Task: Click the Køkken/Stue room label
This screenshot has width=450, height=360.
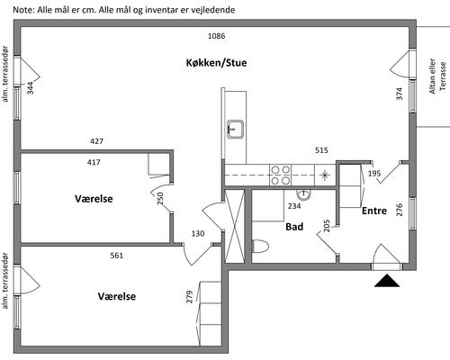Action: [x=216, y=63]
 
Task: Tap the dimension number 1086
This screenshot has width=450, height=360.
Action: [x=216, y=36]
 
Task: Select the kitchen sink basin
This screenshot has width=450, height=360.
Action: [x=236, y=129]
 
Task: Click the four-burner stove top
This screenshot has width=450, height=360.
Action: [x=280, y=175]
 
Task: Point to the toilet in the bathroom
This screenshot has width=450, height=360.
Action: [x=260, y=247]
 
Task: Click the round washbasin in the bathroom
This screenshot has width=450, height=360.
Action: [x=304, y=194]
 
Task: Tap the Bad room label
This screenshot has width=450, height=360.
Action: [x=294, y=227]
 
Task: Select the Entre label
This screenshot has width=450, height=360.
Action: [x=374, y=211]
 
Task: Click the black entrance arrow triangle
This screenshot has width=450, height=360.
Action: [x=387, y=281]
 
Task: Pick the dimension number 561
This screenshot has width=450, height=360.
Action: [x=117, y=256]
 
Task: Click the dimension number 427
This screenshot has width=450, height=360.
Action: [x=96, y=141]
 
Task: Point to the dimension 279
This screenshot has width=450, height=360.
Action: [x=189, y=297]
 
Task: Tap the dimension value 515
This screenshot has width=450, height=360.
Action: [x=321, y=150]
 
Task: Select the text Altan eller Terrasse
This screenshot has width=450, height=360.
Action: [x=437, y=76]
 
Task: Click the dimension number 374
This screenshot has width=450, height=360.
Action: [x=399, y=94]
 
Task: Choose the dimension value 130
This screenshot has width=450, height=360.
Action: [x=198, y=233]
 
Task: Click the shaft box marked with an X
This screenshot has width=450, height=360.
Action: [x=235, y=226]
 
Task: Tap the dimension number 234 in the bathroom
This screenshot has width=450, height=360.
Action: [x=294, y=206]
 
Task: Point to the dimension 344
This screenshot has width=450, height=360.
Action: [x=31, y=87]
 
